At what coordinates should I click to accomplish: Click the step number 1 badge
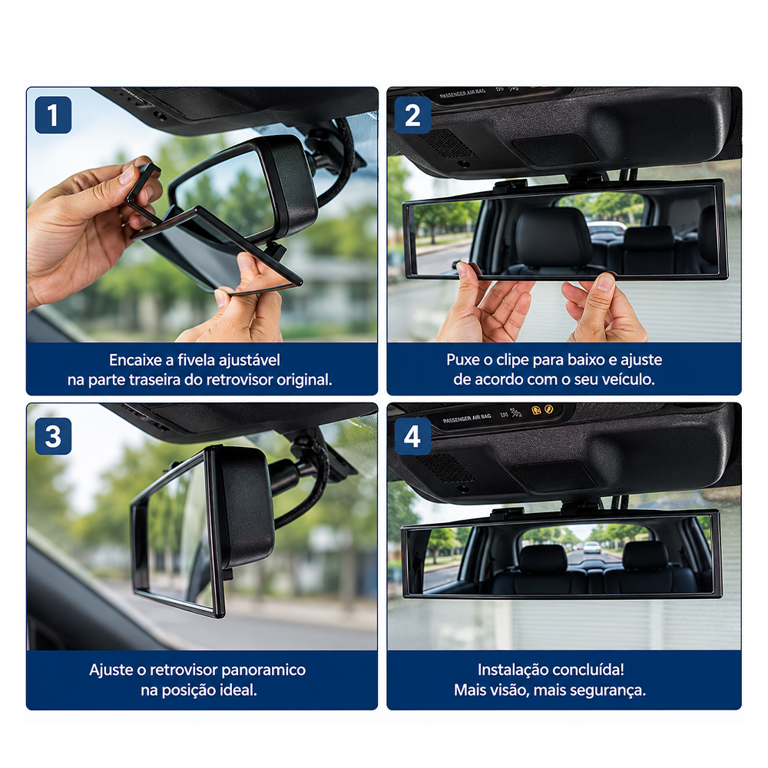54,115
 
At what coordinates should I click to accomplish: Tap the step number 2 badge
413,115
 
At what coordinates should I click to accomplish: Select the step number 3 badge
54,436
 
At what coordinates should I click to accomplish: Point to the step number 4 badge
413,436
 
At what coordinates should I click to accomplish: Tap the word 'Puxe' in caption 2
463,360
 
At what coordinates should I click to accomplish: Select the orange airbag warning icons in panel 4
542,409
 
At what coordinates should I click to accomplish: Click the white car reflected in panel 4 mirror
591,547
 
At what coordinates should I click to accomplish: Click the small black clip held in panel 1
143,185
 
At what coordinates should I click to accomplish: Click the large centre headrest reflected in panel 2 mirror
554,237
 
